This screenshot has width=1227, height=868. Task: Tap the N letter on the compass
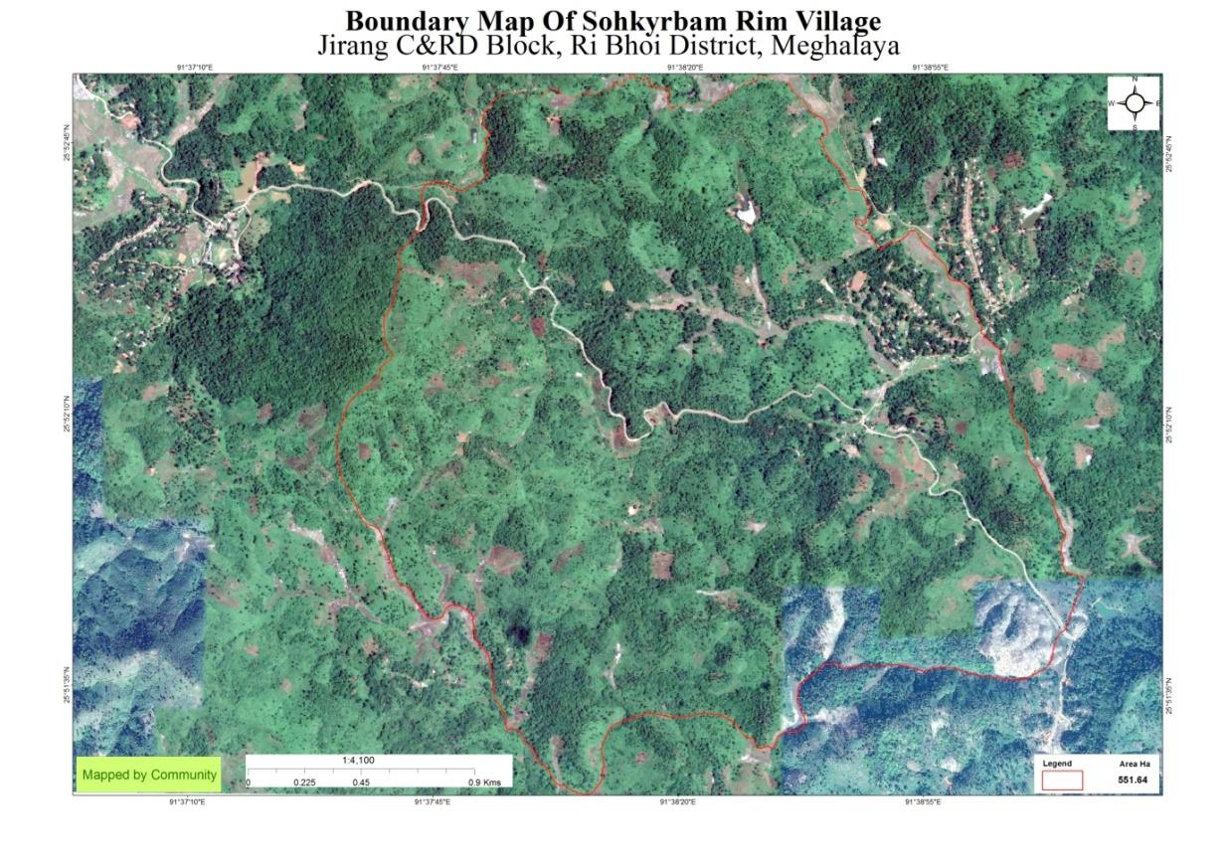coord(1135,80)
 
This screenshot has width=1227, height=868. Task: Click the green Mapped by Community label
coord(149,775)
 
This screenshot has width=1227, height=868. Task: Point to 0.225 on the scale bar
coord(304,782)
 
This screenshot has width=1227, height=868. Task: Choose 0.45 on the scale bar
coord(361,782)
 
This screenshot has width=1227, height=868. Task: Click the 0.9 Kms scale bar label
coord(485,782)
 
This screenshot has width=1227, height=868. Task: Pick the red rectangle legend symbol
coord(1062,781)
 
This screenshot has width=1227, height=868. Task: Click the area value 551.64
coord(1133,781)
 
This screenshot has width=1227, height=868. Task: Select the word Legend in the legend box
coord(1057,764)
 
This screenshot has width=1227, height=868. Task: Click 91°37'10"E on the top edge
coord(194,68)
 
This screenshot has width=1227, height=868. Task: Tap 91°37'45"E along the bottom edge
coord(432,800)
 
